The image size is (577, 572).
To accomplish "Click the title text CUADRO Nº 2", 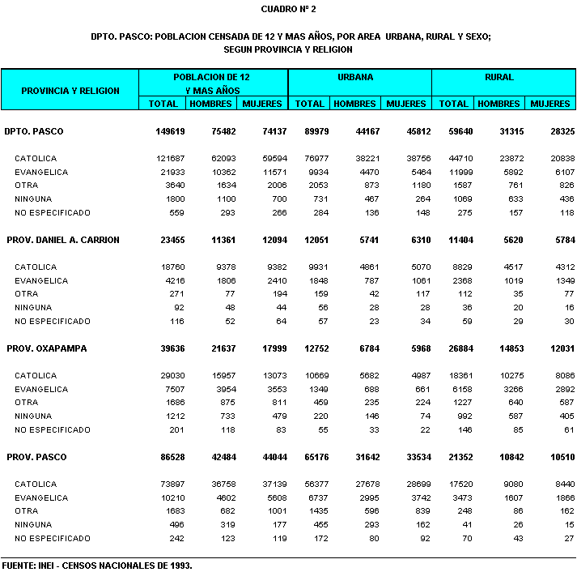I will click(288, 9).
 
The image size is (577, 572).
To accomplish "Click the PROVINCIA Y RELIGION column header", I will click(70, 91).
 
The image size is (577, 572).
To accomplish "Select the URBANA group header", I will click(354, 78).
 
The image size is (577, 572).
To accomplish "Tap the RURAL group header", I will click(499, 78).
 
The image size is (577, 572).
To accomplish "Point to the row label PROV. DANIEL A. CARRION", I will click(63, 240).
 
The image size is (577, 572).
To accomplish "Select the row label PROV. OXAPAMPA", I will click(47, 348).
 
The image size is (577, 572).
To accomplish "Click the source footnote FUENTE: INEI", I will click(97, 565).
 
